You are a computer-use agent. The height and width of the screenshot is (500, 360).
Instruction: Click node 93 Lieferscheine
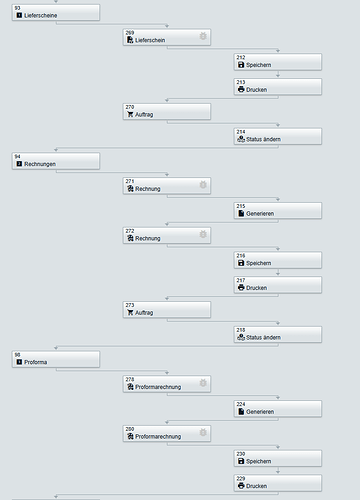coord(56,13)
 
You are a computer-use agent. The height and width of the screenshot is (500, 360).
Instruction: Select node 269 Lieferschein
coord(166,37)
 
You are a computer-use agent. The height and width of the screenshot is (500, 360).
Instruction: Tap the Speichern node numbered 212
coord(277,62)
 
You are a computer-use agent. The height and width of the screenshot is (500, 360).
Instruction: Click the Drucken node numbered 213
coord(277,87)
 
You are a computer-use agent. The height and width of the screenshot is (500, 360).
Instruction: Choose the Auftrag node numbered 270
coord(166,111)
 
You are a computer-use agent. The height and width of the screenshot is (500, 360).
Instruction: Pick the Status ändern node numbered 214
coord(277,136)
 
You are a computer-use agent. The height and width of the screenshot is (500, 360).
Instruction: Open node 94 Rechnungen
coord(56,161)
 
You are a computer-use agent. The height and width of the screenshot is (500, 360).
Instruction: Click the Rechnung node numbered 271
coord(166,185)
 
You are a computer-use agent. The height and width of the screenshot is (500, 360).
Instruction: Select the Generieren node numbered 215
coord(277,210)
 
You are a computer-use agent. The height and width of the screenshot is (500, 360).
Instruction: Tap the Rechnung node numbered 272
coord(166,235)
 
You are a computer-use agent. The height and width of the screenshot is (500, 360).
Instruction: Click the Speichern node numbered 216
coord(277,260)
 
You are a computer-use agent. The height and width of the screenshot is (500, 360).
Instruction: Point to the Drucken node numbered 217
coord(277,284)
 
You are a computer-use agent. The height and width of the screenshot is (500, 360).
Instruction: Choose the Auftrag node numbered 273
coord(166,309)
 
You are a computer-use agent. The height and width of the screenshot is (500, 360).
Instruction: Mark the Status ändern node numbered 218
coord(277,334)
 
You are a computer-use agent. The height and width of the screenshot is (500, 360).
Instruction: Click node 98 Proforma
coord(56,358)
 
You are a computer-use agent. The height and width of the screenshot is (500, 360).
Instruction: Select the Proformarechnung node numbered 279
coord(166,383)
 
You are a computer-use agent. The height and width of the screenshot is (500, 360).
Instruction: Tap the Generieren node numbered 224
coord(277,408)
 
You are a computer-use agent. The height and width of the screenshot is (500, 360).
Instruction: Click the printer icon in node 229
coord(240,486)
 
